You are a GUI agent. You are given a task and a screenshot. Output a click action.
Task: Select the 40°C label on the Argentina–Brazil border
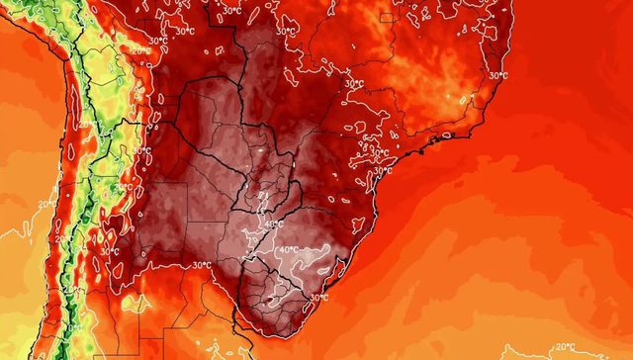(x=276, y=225)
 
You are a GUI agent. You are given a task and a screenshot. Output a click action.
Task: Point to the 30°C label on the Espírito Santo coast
(x=497, y=75)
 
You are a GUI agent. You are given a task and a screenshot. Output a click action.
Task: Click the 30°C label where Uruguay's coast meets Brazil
(x=318, y=297)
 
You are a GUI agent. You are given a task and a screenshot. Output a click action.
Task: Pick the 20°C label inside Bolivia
(x=142, y=50)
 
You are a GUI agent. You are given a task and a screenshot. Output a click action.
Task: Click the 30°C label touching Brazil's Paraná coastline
(x=386, y=170)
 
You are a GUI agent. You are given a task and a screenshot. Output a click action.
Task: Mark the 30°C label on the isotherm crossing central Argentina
(x=202, y=264)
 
